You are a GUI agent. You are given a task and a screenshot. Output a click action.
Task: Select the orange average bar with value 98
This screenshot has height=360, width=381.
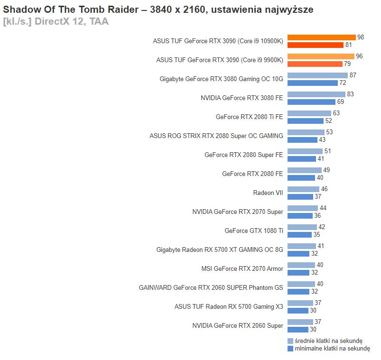click(321, 37)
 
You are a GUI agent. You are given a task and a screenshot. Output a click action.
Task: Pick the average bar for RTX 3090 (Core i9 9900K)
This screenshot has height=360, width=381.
click(321, 56)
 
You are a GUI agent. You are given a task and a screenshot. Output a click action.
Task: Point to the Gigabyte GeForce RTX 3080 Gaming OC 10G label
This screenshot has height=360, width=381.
click(221, 79)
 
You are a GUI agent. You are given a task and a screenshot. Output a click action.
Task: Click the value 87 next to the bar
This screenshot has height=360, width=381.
click(353, 75)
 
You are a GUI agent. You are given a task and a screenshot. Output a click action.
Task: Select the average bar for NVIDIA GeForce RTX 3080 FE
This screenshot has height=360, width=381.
click(316, 94)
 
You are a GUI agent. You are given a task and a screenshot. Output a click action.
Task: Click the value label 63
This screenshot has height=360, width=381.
click(336, 113)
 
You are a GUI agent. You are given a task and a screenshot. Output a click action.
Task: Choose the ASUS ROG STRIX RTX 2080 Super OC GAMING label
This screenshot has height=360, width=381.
click(216, 136)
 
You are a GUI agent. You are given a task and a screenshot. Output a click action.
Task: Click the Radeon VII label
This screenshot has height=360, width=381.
click(268, 193)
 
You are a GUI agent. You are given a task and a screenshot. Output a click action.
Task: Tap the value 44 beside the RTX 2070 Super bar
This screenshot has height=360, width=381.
click(323, 208)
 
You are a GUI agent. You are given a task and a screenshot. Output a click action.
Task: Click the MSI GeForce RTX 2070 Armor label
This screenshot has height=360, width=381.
click(242, 269)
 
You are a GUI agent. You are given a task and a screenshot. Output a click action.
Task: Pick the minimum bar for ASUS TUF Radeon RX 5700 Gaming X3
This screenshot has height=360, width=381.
click(298, 311)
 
